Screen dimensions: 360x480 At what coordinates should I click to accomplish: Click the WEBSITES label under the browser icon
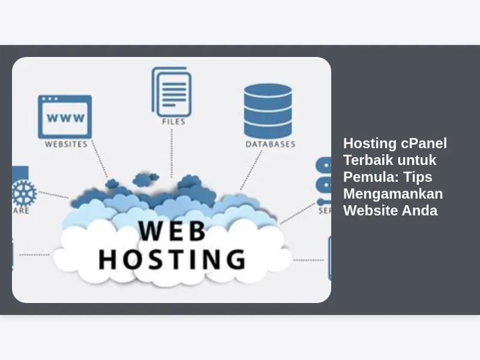click(x=66, y=144)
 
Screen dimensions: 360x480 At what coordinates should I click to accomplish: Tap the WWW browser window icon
click(x=65, y=116)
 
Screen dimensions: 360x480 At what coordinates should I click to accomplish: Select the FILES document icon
click(x=172, y=91)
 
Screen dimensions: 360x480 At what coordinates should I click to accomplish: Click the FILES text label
click(x=173, y=121)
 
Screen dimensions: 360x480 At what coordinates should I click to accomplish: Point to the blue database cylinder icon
click(x=268, y=110)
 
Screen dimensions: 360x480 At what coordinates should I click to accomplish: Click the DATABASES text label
click(x=270, y=144)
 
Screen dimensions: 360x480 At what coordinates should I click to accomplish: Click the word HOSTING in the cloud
click(x=172, y=259)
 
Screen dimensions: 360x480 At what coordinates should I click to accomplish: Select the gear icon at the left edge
click(x=24, y=193)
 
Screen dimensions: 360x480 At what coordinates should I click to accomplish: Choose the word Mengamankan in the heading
click(x=393, y=194)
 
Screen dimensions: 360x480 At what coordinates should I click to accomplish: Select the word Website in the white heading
click(x=370, y=211)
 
